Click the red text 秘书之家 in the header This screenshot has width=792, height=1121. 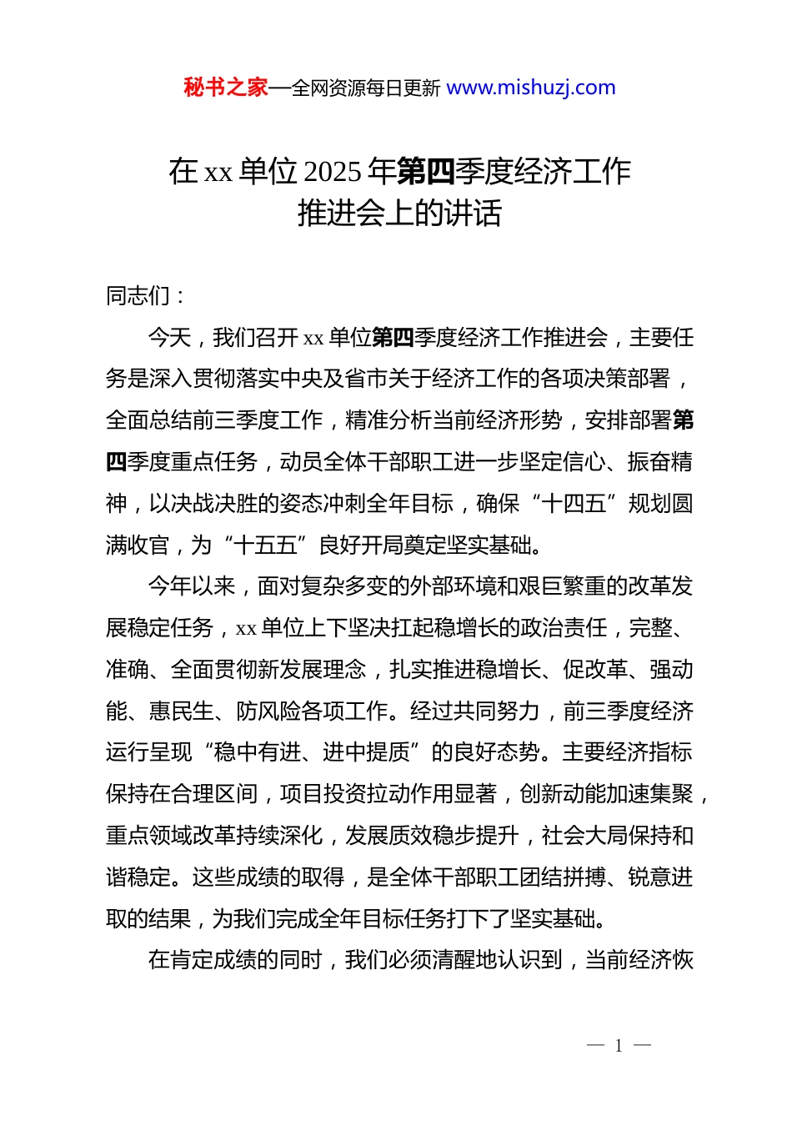coord(226,88)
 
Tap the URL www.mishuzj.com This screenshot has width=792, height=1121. coord(531,88)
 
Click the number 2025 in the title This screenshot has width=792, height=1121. coord(333,171)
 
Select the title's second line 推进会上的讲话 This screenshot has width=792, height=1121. coord(399,214)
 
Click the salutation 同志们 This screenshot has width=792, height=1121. coord(138,295)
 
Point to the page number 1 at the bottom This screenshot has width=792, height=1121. coord(619,1046)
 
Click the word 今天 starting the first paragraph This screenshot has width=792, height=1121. coord(170,338)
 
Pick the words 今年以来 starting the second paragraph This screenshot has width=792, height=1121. coord(192,586)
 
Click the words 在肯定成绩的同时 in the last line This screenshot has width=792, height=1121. coord(235,960)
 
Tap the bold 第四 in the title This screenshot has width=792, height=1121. coord(425,171)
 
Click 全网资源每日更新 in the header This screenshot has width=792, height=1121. coord(366,88)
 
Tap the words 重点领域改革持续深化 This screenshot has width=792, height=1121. coord(214,836)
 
